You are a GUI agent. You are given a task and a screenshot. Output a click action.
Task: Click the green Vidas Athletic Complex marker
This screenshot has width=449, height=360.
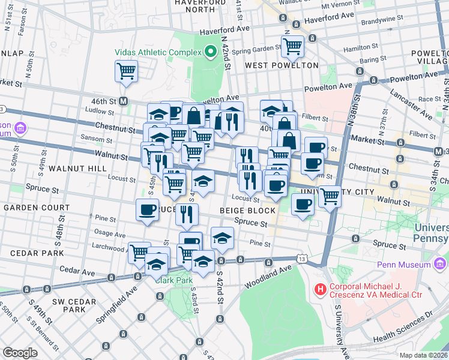pyautogui.click(x=210, y=52)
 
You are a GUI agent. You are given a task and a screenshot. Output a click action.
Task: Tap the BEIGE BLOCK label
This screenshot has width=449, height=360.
pyautogui.click(x=247, y=211)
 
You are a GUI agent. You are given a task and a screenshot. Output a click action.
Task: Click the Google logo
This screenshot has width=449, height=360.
pyautogui.click(x=20, y=353)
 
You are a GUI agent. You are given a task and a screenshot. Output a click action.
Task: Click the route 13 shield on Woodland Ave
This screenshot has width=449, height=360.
pyautogui.click(x=301, y=259)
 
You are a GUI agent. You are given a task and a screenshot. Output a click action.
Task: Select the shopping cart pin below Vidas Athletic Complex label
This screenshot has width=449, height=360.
pyautogui.click(x=126, y=71)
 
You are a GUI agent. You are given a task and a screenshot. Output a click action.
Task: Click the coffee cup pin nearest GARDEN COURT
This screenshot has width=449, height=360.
pyautogui.click(x=148, y=209)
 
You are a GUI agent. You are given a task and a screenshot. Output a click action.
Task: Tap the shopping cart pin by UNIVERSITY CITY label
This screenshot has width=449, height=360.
pyautogui.click(x=330, y=196)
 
